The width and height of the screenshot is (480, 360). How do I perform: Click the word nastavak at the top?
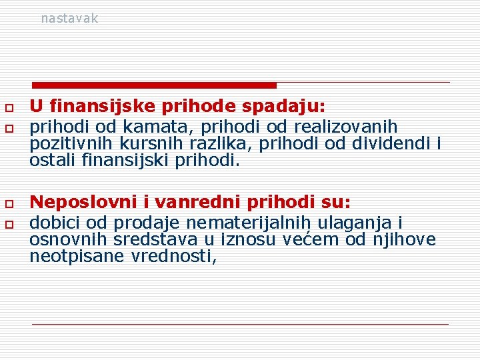coord(69,19)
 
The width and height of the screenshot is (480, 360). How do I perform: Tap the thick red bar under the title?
coord(154,85)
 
